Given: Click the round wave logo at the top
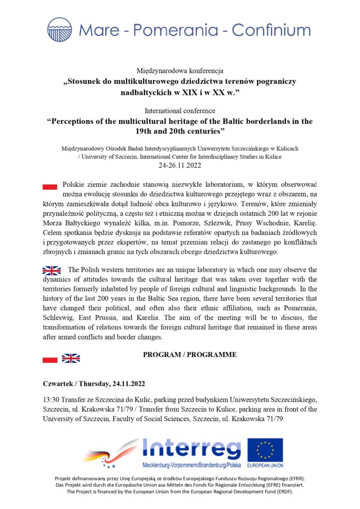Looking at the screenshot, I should (x=60, y=29).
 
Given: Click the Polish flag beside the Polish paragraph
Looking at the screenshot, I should (x=50, y=186).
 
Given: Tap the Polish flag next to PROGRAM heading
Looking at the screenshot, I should (x=50, y=358).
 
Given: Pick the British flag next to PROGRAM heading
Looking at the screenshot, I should (x=71, y=358).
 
